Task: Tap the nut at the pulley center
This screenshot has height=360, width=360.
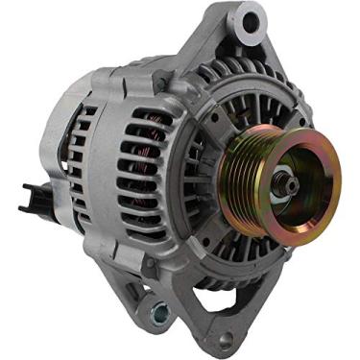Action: click(287, 180)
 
